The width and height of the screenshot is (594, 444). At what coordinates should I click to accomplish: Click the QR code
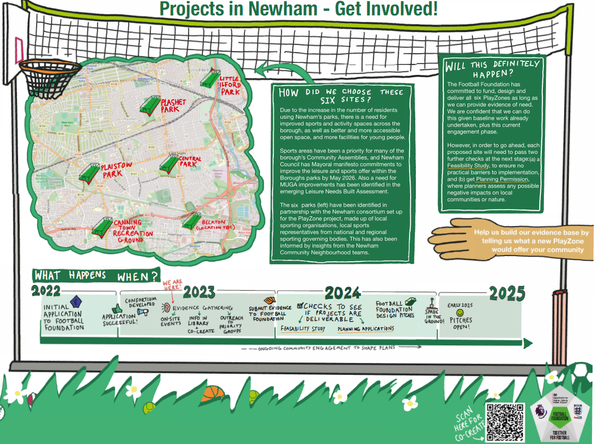(506, 422)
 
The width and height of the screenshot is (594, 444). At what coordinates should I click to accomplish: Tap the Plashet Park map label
(173, 105)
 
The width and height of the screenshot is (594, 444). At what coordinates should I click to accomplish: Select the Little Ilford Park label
(230, 86)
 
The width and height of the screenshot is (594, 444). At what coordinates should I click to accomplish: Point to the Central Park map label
(190, 162)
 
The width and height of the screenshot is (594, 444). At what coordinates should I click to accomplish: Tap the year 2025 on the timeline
(507, 294)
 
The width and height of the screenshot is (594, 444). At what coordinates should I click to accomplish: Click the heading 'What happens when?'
(96, 276)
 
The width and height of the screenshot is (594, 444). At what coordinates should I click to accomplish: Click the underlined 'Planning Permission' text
(502, 179)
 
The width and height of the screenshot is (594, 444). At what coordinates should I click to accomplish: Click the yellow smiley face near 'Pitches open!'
(460, 313)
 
